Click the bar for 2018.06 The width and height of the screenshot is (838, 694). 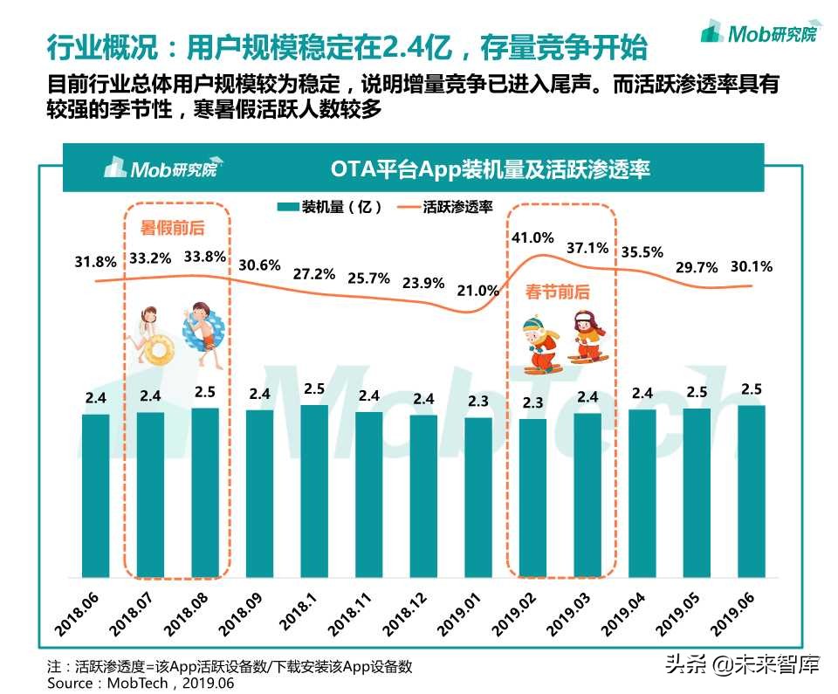[x=96, y=495]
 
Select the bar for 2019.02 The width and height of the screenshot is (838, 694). [x=532, y=498]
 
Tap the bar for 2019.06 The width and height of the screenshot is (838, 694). [x=752, y=491]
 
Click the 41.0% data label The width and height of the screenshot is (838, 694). [x=532, y=237]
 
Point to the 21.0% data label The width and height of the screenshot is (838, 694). [x=478, y=291]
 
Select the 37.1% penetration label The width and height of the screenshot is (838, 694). [x=587, y=248]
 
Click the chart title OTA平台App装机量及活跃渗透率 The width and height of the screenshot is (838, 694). [x=490, y=168]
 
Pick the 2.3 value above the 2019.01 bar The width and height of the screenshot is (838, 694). [x=478, y=402]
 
